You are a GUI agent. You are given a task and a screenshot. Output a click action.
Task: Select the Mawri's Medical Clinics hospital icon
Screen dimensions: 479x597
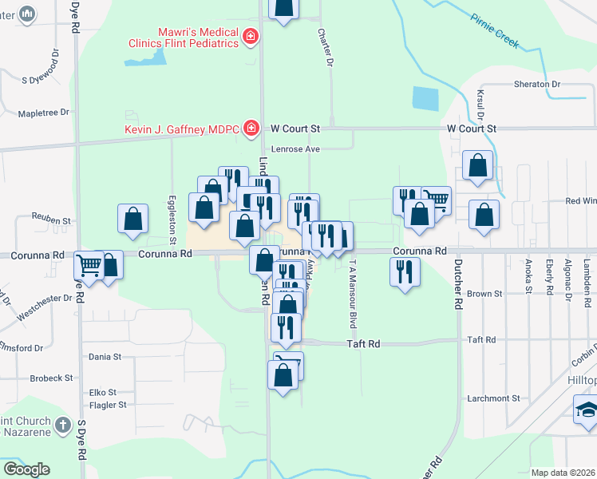click(251, 37)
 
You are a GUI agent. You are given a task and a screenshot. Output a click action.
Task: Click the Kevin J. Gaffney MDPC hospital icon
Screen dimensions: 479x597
click(251, 128)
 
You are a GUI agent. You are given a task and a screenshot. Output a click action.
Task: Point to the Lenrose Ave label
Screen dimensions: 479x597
click(295, 148)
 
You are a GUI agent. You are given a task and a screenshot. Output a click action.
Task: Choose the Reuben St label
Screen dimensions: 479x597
click(51, 218)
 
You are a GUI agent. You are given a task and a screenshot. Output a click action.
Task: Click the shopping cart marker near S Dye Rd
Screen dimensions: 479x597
click(89, 265)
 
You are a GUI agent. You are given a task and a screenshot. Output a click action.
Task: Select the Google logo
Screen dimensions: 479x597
click(26, 469)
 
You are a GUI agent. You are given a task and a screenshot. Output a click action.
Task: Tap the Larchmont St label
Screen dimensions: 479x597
click(493, 398)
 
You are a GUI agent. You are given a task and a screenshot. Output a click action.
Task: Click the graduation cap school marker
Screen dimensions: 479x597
click(586, 411)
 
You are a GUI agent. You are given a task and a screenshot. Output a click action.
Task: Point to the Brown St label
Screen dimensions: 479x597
click(484, 294)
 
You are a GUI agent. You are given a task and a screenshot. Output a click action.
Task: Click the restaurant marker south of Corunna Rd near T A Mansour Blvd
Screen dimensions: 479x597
click(405, 272)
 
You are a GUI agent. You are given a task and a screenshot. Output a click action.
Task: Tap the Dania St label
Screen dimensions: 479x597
click(105, 357)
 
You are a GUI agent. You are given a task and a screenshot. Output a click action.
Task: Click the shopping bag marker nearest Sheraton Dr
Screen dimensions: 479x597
click(477, 166)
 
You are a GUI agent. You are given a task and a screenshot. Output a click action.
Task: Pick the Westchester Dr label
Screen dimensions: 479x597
click(45, 310)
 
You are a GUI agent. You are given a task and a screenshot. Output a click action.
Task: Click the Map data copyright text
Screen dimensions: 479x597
click(563, 473)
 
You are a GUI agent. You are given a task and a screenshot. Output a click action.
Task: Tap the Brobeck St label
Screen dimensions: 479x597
click(51, 378)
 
